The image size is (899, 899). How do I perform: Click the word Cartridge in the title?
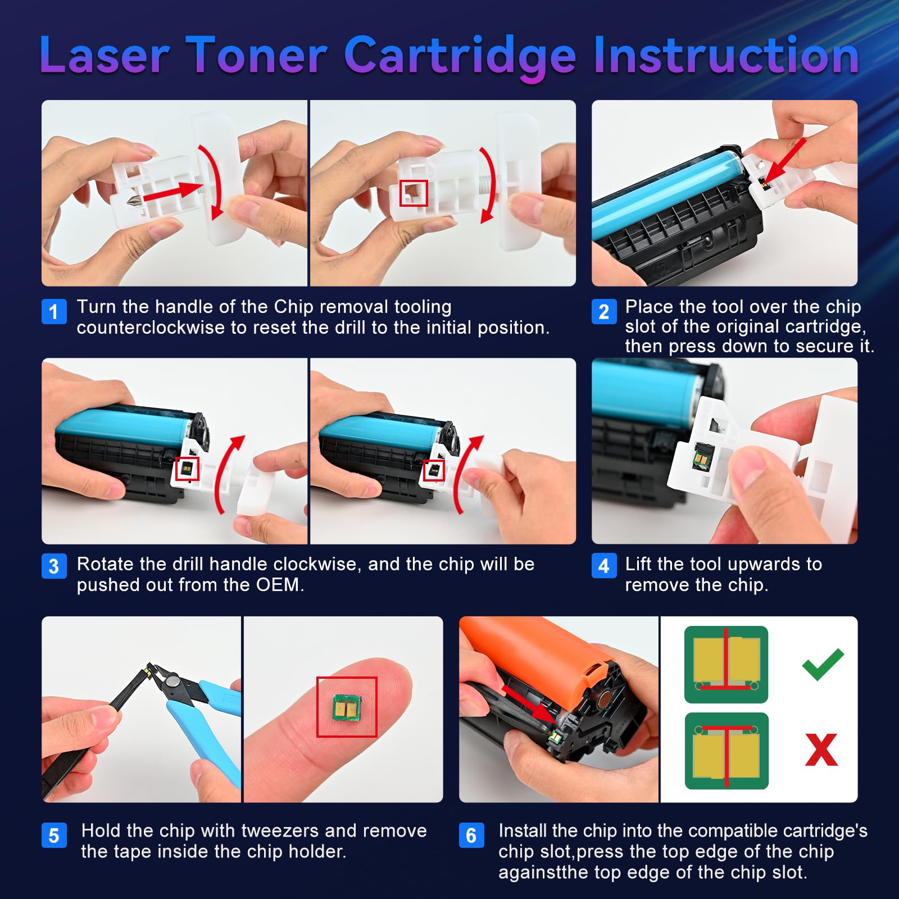(460, 56)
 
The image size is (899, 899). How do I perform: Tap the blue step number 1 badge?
(54, 311)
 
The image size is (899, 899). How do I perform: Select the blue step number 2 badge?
(604, 311)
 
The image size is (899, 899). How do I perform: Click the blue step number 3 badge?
(54, 566)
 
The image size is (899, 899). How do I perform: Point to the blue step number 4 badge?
(604, 566)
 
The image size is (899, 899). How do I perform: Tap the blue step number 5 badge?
(54, 836)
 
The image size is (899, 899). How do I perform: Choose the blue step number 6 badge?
(471, 836)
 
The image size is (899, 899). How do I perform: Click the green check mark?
(822, 664)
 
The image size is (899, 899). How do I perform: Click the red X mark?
(821, 750)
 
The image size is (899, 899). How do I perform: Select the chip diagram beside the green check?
(726, 664)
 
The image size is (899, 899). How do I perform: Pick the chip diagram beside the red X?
(726, 751)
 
